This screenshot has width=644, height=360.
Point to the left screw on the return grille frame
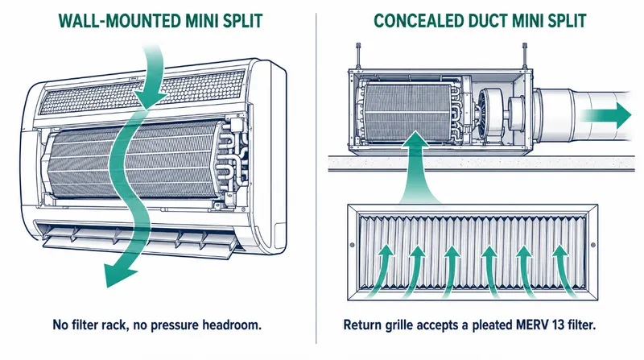pyautogui.click(x=352, y=246)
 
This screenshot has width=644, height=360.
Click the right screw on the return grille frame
pyautogui.click(x=592, y=246)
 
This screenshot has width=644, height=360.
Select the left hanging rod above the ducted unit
pyautogui.click(x=358, y=56)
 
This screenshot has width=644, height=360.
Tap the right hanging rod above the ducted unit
pyautogui.click(x=525, y=56)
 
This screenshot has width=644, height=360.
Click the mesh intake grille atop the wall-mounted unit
pyautogui.click(x=142, y=93)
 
